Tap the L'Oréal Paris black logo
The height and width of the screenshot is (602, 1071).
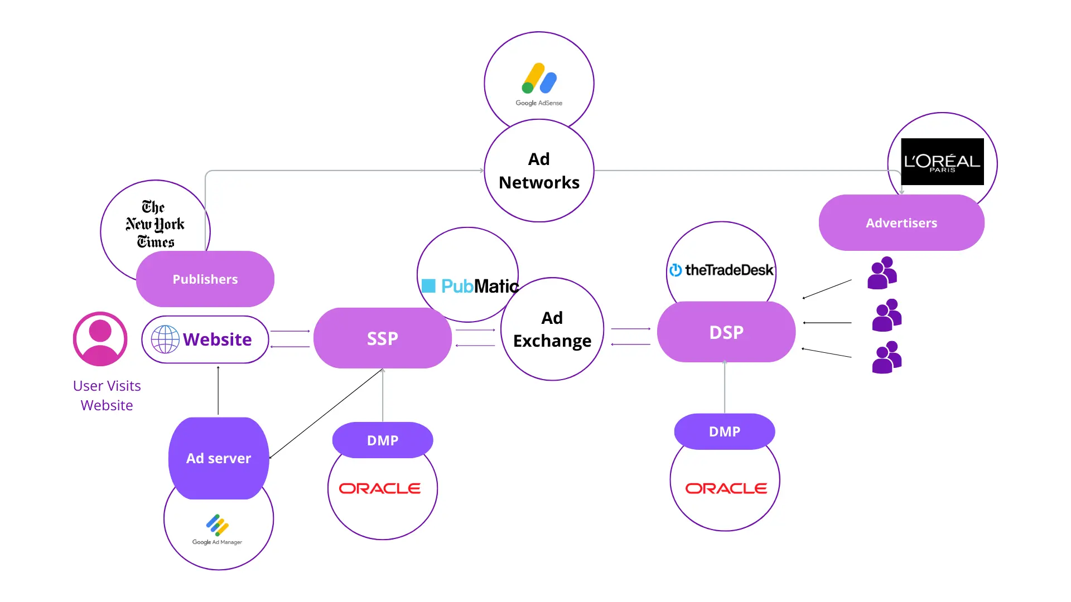click(942, 162)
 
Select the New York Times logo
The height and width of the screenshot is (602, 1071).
click(155, 224)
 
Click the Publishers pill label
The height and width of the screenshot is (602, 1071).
click(205, 279)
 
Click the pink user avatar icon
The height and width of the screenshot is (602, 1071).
click(100, 339)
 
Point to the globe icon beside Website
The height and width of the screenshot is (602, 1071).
click(165, 339)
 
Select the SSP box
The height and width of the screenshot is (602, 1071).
click(383, 338)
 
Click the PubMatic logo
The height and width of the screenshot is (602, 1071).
click(470, 286)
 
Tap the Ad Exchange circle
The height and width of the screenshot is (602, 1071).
click(552, 329)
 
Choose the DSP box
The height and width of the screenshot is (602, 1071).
click(726, 332)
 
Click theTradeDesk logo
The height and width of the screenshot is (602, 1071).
click(721, 270)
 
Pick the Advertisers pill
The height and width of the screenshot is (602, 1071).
click(901, 223)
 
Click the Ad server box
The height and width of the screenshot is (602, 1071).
click(219, 458)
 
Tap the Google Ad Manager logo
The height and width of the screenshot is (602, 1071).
click(218, 530)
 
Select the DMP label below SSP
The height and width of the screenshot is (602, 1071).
click(383, 440)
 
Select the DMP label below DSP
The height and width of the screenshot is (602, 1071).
click(725, 431)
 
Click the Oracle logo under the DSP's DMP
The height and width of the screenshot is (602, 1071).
click(726, 488)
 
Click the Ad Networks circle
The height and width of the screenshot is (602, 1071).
click(539, 171)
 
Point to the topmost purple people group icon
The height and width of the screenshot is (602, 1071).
click(882, 273)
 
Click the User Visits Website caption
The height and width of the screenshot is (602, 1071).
click(107, 395)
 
